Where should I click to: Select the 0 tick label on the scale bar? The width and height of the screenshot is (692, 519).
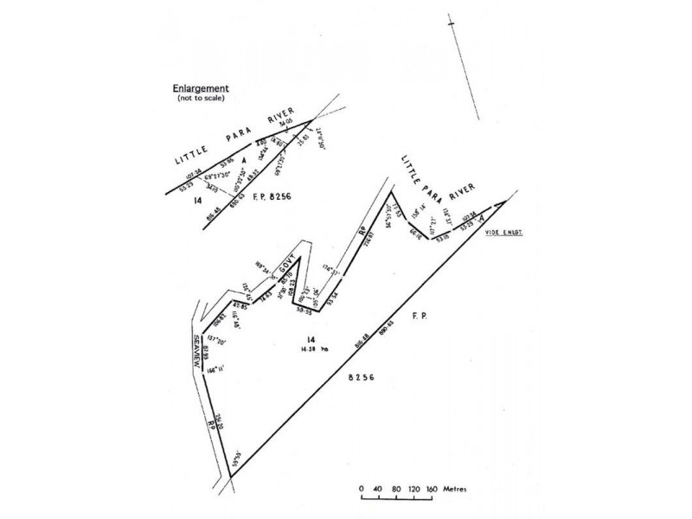click(x=362, y=489)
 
